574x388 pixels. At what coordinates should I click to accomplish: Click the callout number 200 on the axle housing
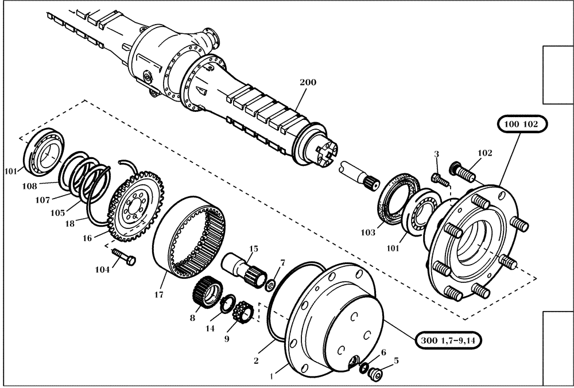click(308, 83)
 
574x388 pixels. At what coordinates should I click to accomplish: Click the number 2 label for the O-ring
click(256, 360)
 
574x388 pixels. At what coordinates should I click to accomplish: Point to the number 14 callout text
click(211, 329)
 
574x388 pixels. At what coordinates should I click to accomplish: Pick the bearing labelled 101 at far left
click(44, 150)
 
